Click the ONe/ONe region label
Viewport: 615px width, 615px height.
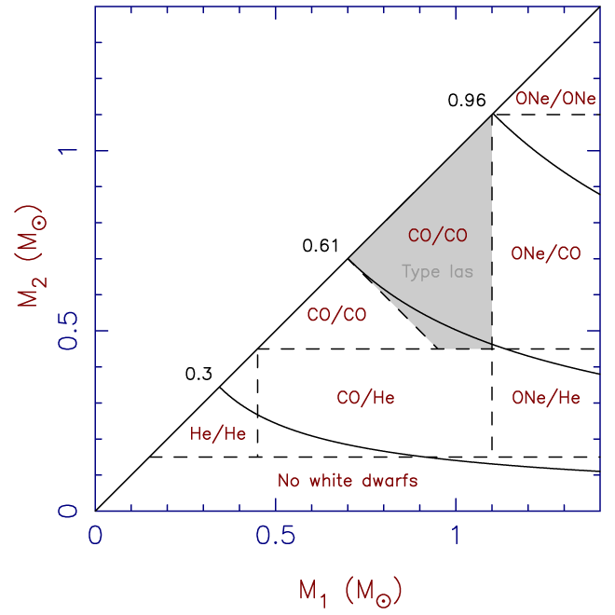coord(555,97)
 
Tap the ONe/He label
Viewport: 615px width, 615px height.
coord(546,398)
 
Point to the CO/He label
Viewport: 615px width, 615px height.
coord(365,398)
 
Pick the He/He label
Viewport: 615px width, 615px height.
coord(217,432)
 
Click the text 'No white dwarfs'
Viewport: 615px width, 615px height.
coord(347,481)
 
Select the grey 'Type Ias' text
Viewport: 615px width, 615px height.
coord(437,272)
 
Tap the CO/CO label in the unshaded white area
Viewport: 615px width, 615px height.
coord(335,314)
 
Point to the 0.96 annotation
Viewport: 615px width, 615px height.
coord(467,100)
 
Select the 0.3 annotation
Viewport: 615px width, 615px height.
coord(198,375)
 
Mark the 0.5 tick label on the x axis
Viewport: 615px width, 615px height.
coord(275,538)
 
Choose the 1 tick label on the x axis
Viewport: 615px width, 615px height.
coord(456,538)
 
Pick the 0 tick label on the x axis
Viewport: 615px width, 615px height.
coord(95,538)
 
